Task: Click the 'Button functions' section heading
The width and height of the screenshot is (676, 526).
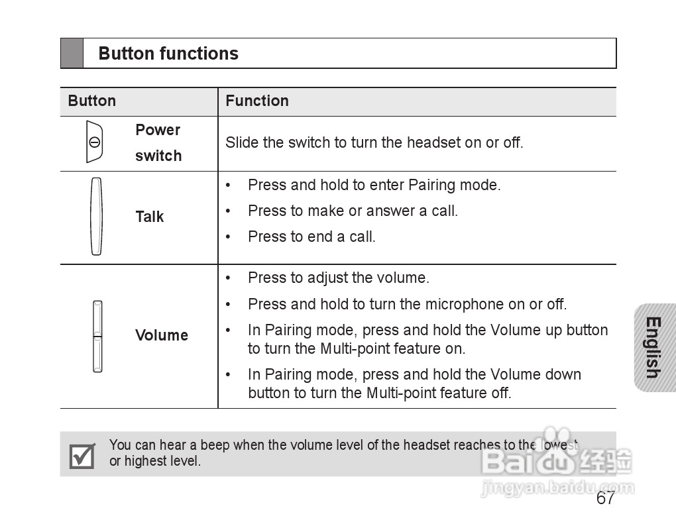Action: [168, 54]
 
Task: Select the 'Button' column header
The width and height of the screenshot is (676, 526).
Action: [91, 101]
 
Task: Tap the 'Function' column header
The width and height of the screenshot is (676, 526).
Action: [257, 101]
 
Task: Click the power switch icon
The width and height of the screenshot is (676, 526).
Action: [95, 142]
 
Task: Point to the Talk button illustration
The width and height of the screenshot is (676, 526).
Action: [97, 216]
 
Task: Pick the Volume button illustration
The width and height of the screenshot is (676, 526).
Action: [97, 336]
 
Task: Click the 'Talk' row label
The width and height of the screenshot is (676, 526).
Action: [149, 217]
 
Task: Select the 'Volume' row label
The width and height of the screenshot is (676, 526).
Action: [162, 335]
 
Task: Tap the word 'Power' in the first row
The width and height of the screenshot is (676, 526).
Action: [158, 130]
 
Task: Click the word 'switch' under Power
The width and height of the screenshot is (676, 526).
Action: [158, 156]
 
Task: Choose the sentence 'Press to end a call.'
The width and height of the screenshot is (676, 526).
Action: [311, 237]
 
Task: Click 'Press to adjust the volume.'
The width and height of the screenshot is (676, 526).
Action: [338, 278]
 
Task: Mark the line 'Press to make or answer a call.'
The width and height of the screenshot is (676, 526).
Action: [353, 211]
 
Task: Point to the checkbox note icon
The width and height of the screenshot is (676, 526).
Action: [82, 455]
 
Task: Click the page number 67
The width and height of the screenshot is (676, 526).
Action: [605, 498]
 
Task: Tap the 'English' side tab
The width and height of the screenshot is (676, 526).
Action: [653, 348]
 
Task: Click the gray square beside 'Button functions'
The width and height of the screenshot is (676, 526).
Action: [72, 54]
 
